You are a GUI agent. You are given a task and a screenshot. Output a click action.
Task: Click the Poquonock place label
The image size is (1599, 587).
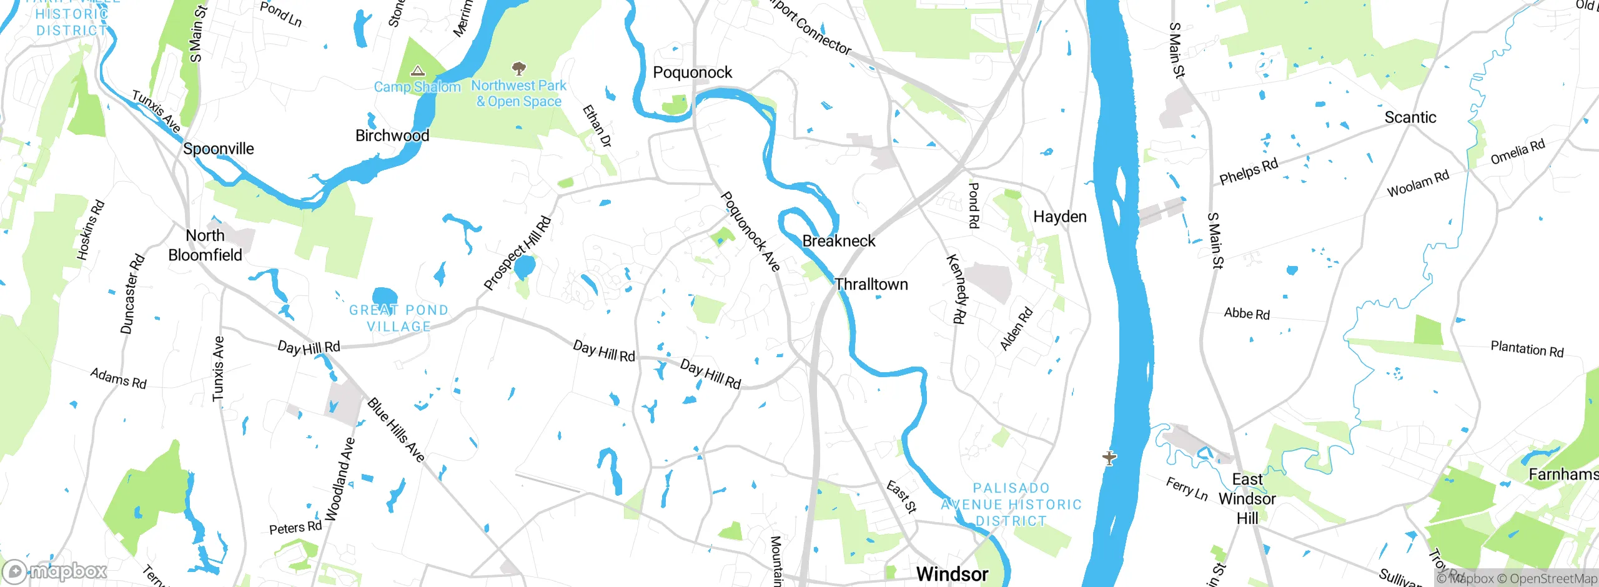(x=692, y=72)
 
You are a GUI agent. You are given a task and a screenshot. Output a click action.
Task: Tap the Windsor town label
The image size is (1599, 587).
(x=952, y=573)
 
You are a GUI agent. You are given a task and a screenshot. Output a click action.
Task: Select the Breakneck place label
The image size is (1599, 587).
(x=838, y=241)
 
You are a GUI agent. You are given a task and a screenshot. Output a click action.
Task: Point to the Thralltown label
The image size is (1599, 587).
(x=871, y=285)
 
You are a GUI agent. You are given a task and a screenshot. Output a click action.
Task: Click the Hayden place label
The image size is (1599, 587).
(x=1059, y=217)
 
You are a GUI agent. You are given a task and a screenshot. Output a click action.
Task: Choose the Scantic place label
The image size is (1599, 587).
(x=1410, y=117)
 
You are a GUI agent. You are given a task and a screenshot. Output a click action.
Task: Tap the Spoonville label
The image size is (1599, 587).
(x=218, y=149)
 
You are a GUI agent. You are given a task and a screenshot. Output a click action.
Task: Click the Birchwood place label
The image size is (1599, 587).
(x=392, y=136)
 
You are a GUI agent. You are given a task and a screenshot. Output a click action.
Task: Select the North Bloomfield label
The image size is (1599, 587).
(x=205, y=245)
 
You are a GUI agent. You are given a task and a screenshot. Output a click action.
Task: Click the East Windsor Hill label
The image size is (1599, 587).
(x=1247, y=498)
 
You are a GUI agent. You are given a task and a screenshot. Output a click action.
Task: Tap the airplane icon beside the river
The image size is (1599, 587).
(x=1109, y=458)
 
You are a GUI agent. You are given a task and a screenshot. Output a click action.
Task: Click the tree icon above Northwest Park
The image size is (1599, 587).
(x=518, y=67)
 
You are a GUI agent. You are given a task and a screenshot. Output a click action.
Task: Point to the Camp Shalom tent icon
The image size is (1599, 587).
(x=418, y=71)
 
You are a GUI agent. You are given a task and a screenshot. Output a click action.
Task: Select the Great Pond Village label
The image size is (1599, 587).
(x=399, y=318)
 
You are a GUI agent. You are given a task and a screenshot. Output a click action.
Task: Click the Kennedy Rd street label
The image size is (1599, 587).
(x=956, y=289)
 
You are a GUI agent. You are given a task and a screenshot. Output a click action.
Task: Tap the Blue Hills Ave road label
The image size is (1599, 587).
(x=396, y=430)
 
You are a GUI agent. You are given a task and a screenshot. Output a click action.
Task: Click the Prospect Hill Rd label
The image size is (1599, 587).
(x=517, y=253)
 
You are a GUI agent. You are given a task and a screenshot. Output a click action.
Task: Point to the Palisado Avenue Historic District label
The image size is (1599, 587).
(x=1011, y=505)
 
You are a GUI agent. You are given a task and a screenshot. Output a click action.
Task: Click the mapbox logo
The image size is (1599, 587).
(x=55, y=571)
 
